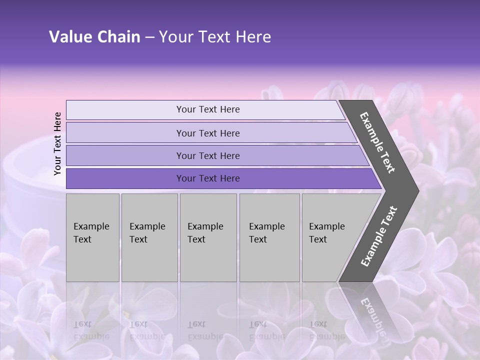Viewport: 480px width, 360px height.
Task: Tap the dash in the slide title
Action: pyautogui.click(x=149, y=37)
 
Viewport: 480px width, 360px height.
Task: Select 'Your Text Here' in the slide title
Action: pyautogui.click(x=215, y=37)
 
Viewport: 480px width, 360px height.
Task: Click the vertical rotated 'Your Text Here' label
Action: pyautogui.click(x=57, y=143)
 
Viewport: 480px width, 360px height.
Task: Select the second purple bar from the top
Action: pyautogui.click(x=208, y=133)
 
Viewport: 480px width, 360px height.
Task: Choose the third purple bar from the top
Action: pyautogui.click(x=208, y=155)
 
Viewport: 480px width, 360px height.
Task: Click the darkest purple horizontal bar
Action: pyautogui.click(x=208, y=178)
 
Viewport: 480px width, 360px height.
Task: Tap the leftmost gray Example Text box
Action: pyautogui.click(x=92, y=237)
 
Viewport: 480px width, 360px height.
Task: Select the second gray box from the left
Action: pyautogui.click(x=149, y=237)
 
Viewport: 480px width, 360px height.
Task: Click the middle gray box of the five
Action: pyautogui.click(x=208, y=237)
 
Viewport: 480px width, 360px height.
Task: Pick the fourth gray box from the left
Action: pyautogui.click(x=269, y=237)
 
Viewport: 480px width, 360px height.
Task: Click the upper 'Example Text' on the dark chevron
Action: pyautogui.click(x=377, y=142)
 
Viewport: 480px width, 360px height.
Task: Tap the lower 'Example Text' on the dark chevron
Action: pyautogui.click(x=378, y=236)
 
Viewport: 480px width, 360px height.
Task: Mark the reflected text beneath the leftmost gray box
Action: pyautogui.click(x=91, y=330)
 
